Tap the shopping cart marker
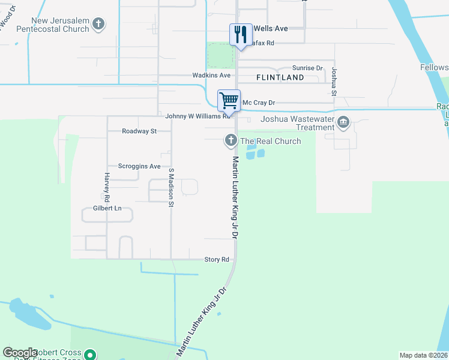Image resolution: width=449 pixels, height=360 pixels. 229,100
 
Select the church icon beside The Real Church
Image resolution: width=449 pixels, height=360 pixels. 231,141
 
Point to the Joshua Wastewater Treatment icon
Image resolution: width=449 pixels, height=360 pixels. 343,123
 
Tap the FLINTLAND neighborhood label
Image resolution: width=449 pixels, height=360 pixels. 280,78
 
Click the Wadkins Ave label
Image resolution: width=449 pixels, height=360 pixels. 211,76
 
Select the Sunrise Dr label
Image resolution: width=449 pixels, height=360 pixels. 307,68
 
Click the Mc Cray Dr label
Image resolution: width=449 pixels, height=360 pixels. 262,103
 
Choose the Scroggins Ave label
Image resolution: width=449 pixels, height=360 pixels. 139,166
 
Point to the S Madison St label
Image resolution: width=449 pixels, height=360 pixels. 171,187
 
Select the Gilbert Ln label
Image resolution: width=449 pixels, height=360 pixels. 107,208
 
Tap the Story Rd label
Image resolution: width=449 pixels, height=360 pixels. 217,260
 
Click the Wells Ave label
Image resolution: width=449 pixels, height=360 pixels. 271,28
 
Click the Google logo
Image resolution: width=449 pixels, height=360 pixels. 20,353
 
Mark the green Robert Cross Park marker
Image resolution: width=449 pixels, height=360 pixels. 90,355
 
